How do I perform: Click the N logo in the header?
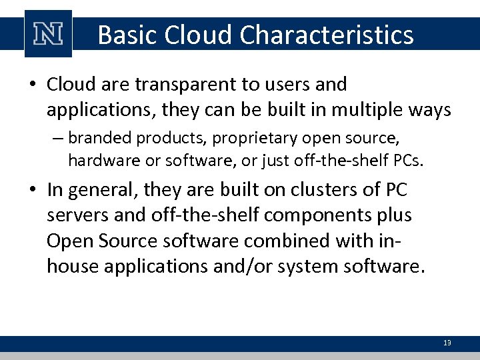tap(48, 34)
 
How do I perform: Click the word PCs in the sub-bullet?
tap(410, 160)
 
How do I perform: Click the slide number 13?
tap(447, 343)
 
